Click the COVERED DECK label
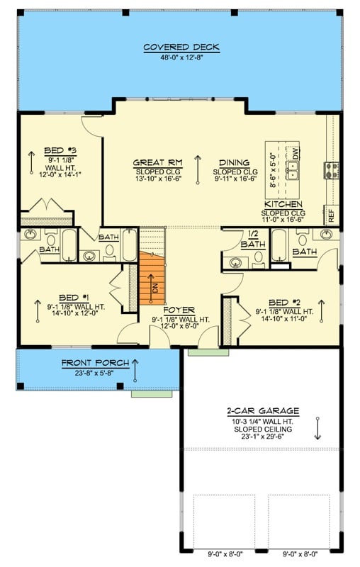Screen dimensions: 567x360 click(x=181, y=47)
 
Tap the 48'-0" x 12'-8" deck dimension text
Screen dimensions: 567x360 click(x=181, y=57)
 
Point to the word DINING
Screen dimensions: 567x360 click(x=234, y=163)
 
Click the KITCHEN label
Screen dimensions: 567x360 click(x=283, y=204)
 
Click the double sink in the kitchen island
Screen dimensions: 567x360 click(x=292, y=171)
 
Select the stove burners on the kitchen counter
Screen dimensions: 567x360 click(x=330, y=169)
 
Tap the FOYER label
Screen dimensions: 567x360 click(x=180, y=310)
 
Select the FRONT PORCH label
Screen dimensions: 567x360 click(x=95, y=363)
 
